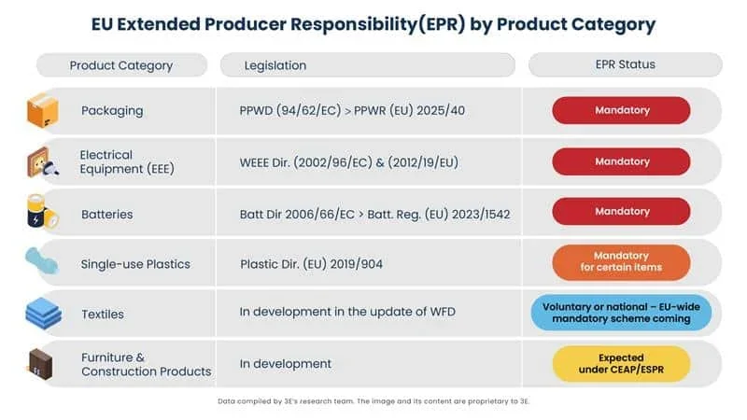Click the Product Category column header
point(120,65)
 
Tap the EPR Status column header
point(625,64)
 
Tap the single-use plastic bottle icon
point(43,262)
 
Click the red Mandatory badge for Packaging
point(621,110)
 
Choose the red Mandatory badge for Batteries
point(621,212)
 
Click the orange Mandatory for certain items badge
point(621,262)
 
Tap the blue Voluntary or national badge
point(621,313)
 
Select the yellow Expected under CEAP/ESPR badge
point(621,363)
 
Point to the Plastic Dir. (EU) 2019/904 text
point(311,263)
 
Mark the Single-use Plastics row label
point(135,263)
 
